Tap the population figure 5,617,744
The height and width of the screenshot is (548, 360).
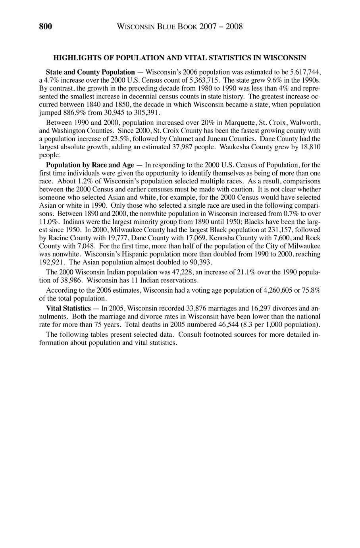point(306,72)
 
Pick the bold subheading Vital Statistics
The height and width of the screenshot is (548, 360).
point(68,308)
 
